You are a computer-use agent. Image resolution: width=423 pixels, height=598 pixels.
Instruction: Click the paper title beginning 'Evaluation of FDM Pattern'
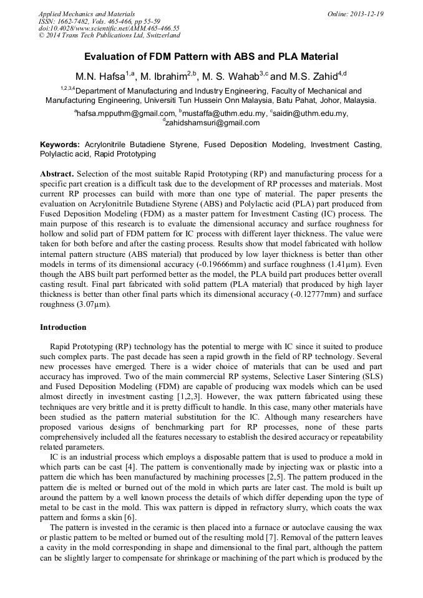coord(211,56)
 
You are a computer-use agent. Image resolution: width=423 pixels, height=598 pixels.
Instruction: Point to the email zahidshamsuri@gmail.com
coord(212,123)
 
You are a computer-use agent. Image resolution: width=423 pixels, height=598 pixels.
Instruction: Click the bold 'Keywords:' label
coord(60,145)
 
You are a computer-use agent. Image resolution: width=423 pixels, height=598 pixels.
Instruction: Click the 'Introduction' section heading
coord(63,327)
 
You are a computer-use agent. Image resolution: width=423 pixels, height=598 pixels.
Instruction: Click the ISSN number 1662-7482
coord(77,21)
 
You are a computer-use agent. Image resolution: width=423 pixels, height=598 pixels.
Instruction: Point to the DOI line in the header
coord(109,28)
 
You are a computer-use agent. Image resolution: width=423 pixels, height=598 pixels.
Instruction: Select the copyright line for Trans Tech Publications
coord(107,36)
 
